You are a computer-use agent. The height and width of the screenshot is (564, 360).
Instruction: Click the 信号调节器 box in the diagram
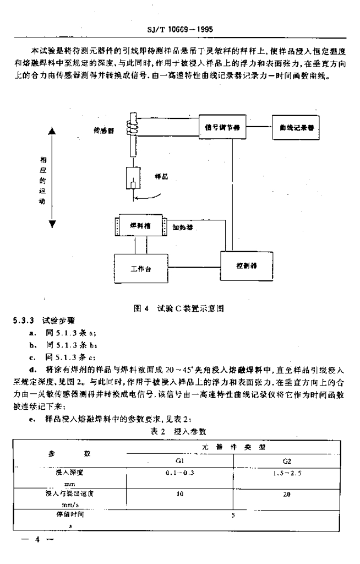pyautogui.click(x=222, y=127)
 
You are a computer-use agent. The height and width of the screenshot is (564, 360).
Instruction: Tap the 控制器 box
pyautogui.click(x=245, y=265)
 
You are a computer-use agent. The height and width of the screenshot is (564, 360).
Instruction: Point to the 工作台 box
pyautogui.click(x=141, y=269)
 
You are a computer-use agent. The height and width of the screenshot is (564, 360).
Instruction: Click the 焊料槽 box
pyautogui.click(x=141, y=226)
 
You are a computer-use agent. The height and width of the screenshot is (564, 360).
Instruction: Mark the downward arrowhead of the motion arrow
pyautogui.click(x=53, y=224)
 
